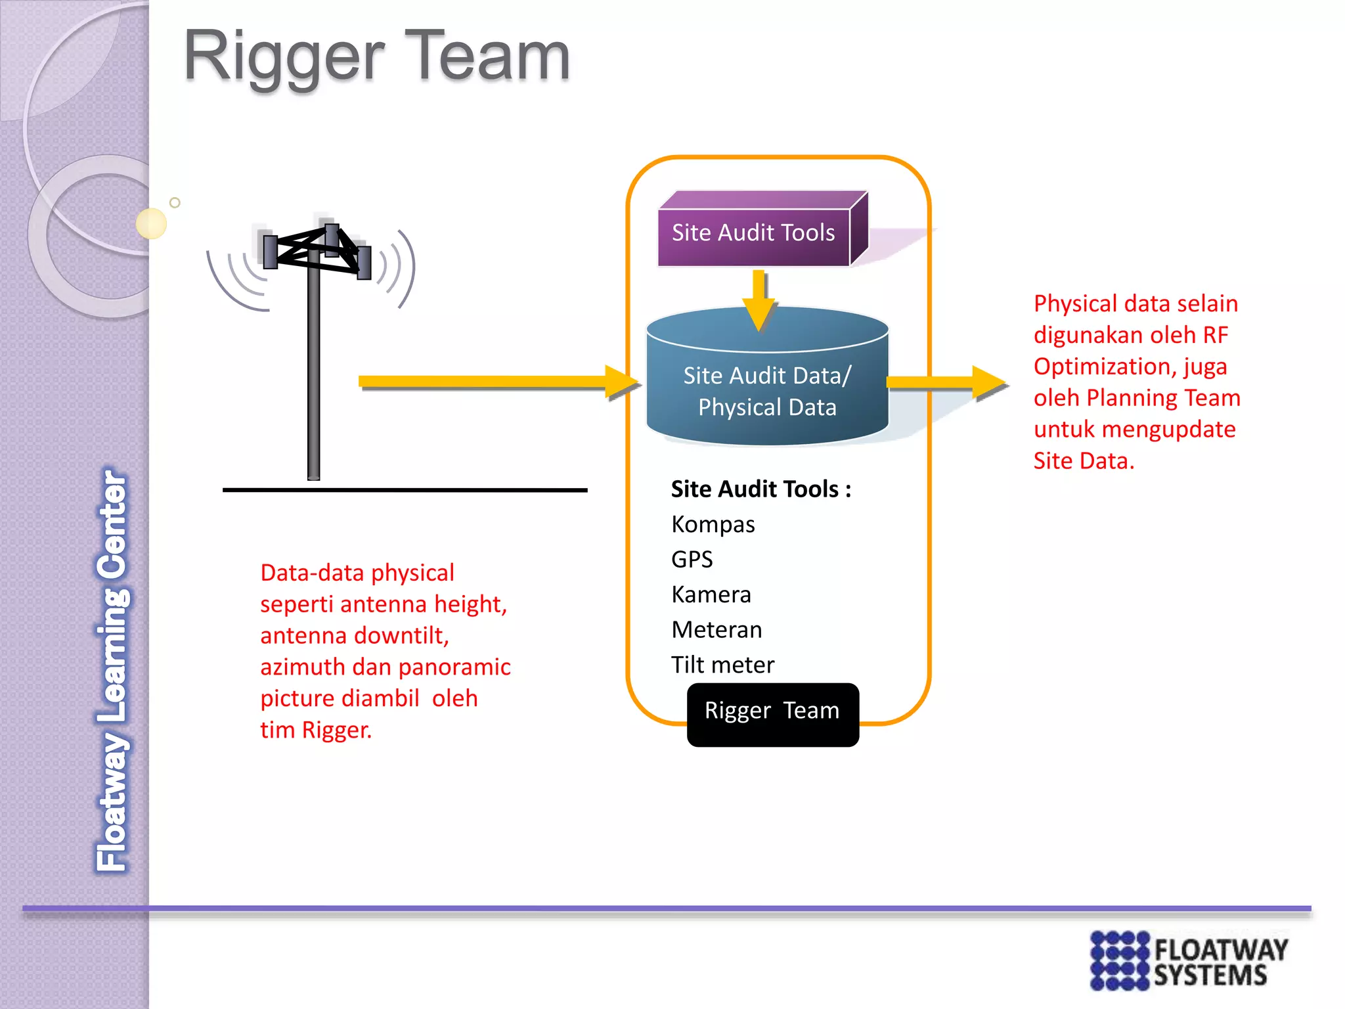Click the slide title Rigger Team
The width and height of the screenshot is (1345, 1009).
click(x=376, y=58)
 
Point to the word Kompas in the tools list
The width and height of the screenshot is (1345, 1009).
click(x=713, y=525)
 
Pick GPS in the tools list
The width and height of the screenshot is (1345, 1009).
click(x=692, y=560)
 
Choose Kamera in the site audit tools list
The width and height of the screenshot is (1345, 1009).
click(x=711, y=594)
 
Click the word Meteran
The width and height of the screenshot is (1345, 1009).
click(x=716, y=630)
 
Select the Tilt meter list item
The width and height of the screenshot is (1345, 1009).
click(x=722, y=665)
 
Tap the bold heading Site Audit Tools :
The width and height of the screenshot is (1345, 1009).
click(x=761, y=489)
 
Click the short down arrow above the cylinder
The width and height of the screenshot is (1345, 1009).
click(x=759, y=299)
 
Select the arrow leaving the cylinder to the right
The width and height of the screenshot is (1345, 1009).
click(x=946, y=382)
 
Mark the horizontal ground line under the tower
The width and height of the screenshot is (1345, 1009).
click(x=405, y=490)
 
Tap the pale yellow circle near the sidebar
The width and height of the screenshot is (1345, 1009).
click(x=151, y=223)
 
